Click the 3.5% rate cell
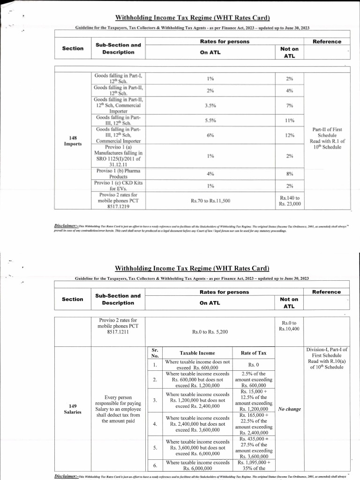pos(210,105)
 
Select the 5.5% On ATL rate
pos(210,120)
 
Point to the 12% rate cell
pos(289,135)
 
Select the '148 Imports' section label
pos(73,141)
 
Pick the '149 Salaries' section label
pos(73,409)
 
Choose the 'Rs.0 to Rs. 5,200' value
pos(210,332)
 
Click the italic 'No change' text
pos(289,409)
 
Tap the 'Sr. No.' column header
pos(155,353)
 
